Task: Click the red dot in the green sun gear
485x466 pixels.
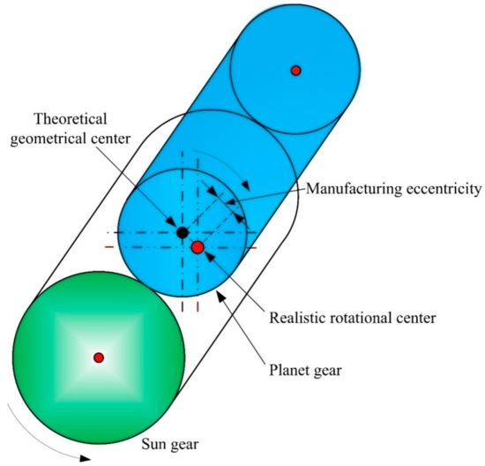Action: point(99,357)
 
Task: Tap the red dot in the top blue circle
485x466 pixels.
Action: point(296,70)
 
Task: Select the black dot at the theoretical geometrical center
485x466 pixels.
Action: point(182,233)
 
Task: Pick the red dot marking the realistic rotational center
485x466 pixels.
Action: point(198,248)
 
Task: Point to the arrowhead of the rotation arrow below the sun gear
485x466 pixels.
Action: point(85,458)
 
